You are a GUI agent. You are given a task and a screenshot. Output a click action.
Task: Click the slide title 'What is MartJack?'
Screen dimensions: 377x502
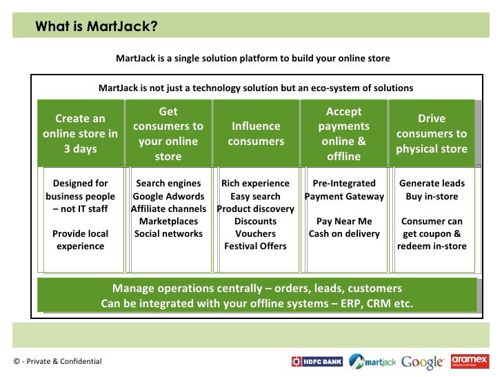[x=97, y=27]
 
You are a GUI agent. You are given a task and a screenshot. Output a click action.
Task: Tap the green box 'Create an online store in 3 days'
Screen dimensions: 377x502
[x=80, y=134]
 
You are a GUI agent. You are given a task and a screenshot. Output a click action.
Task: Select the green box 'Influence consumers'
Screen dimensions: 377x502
[x=256, y=134]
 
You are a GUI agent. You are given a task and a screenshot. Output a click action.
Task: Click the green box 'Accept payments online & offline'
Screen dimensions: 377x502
[x=343, y=134]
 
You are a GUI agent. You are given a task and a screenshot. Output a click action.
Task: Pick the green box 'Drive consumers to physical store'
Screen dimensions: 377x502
[x=432, y=134]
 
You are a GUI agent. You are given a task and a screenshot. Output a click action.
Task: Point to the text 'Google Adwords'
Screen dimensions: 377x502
[x=168, y=196]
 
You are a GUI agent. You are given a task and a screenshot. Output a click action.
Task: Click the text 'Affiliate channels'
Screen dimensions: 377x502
[x=168, y=209]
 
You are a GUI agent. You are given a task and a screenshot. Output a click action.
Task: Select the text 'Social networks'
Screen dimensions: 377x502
[x=168, y=233]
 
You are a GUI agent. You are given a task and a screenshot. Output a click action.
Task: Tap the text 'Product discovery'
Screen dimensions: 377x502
[x=256, y=209]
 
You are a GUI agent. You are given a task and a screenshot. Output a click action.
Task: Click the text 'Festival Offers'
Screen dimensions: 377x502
[x=256, y=246]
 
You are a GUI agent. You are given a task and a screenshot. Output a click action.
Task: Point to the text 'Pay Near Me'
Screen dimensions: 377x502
[x=344, y=221]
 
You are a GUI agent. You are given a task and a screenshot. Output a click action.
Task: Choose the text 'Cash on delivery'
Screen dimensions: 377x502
[x=344, y=233]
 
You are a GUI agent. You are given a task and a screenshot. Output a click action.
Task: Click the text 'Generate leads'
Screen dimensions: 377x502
[x=432, y=184]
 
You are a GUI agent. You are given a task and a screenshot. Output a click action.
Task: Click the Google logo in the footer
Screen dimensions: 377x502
[x=422, y=362]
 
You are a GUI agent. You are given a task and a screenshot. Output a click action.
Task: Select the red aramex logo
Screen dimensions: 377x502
[x=470, y=361]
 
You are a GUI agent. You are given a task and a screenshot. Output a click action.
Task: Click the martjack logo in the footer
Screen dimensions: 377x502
[x=372, y=361]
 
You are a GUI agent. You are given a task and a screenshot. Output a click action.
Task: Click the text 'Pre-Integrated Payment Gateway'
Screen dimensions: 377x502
[x=344, y=190]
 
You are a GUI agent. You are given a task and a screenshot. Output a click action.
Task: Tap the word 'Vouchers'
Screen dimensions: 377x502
[x=256, y=233]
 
